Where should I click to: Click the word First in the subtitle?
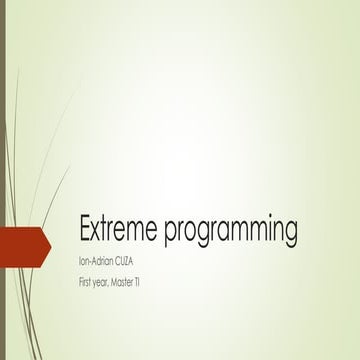86,284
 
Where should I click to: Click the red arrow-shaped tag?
22,243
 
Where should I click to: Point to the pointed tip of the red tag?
49,243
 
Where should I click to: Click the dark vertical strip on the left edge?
3,180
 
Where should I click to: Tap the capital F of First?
80,284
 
